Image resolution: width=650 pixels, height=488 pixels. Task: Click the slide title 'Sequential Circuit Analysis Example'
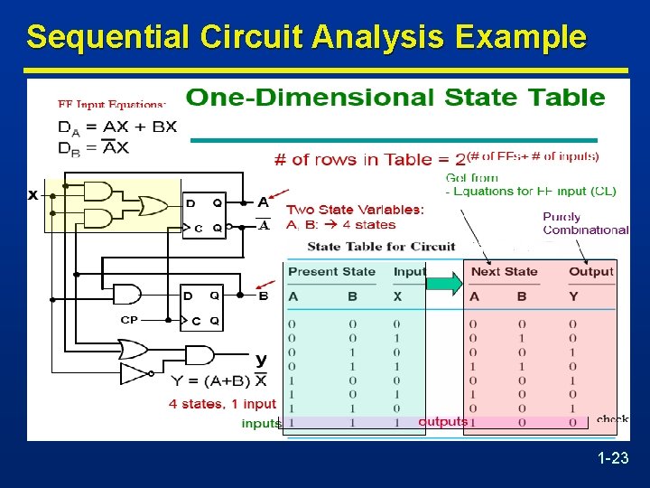[306, 38]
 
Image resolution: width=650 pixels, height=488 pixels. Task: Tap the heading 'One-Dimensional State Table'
[395, 98]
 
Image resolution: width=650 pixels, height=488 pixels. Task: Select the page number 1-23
[613, 459]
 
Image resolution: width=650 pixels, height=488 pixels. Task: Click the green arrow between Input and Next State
[444, 285]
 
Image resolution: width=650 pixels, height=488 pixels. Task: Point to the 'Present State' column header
[332, 271]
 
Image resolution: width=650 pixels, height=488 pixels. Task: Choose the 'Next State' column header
[504, 271]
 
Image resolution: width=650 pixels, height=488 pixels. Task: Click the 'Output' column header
[591, 271]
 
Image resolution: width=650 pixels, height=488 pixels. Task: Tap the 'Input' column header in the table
[409, 271]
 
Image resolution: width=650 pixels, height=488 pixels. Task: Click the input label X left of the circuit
[33, 194]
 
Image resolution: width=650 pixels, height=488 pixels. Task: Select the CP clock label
[129, 319]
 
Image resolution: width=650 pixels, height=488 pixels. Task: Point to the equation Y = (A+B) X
[218, 380]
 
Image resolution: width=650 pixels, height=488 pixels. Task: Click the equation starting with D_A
[117, 127]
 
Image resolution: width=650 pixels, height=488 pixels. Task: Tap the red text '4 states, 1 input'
[222, 404]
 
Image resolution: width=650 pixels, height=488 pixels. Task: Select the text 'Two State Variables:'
[355, 210]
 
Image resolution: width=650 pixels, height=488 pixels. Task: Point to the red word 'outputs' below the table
[442, 422]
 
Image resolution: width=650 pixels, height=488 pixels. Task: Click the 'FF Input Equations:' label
[112, 104]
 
